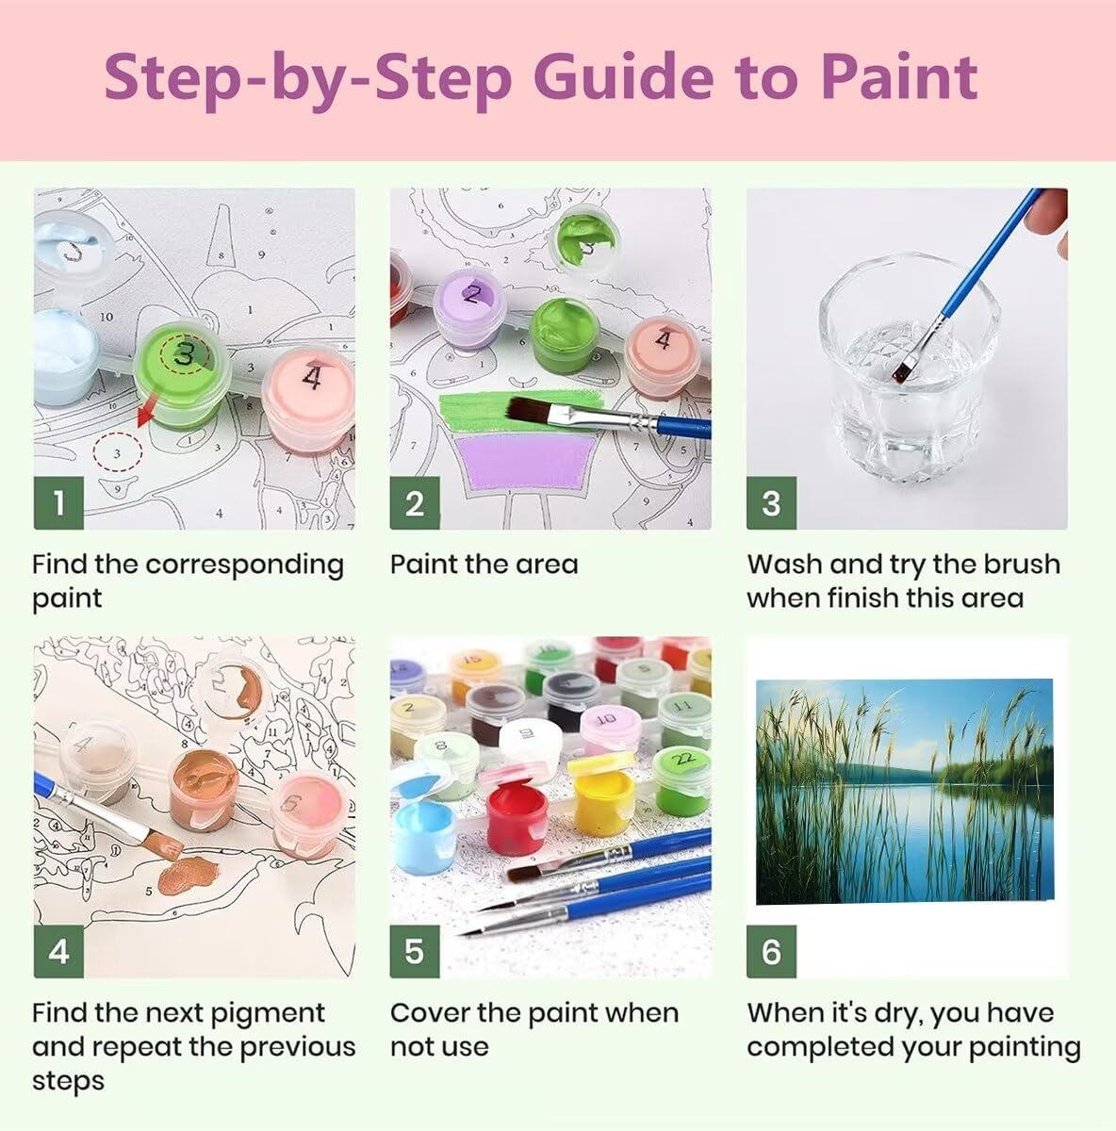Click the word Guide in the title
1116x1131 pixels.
point(623,77)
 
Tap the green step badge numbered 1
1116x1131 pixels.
point(58,503)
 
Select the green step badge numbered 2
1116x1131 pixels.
point(415,503)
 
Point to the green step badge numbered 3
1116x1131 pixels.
point(771,503)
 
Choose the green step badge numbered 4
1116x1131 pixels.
point(58,951)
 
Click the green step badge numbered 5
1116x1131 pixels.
point(415,951)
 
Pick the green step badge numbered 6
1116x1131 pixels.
point(771,951)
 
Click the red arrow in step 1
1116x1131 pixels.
point(148,410)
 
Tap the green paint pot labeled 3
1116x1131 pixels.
point(182,372)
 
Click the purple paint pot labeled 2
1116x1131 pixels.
point(469,307)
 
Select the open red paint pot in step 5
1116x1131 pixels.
point(517,817)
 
